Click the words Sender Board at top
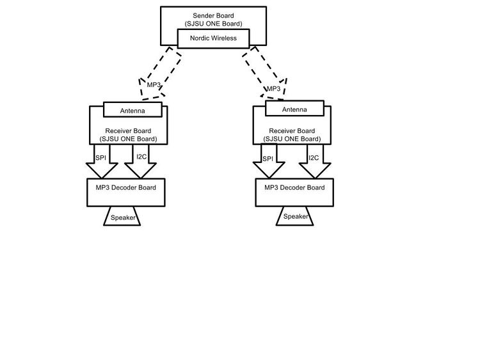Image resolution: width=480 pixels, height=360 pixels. (213, 15)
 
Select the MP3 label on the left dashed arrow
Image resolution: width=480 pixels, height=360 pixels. (154, 84)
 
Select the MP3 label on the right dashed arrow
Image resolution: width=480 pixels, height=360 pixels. (274, 89)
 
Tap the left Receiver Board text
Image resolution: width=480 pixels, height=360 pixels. (128, 131)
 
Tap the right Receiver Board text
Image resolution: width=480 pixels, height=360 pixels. (292, 131)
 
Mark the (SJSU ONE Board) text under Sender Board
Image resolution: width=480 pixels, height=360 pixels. (213, 24)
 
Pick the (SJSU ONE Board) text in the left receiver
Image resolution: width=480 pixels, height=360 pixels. (128, 139)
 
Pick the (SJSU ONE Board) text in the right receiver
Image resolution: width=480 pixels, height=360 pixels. (292, 139)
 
